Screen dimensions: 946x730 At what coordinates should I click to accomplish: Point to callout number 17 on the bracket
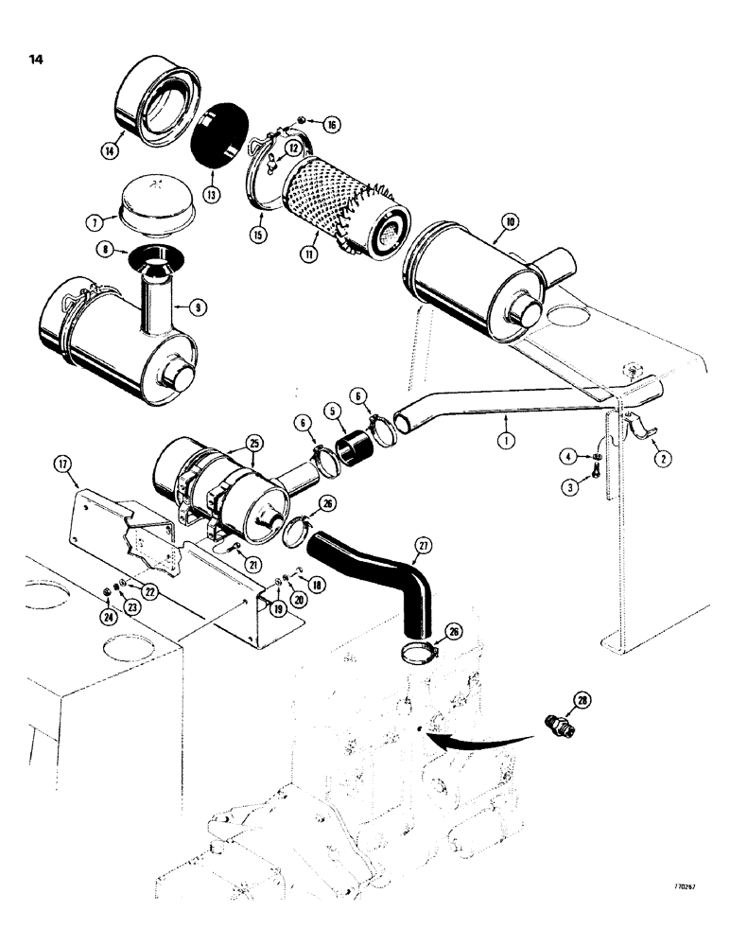[63, 464]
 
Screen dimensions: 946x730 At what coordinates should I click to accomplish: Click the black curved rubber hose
[374, 577]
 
